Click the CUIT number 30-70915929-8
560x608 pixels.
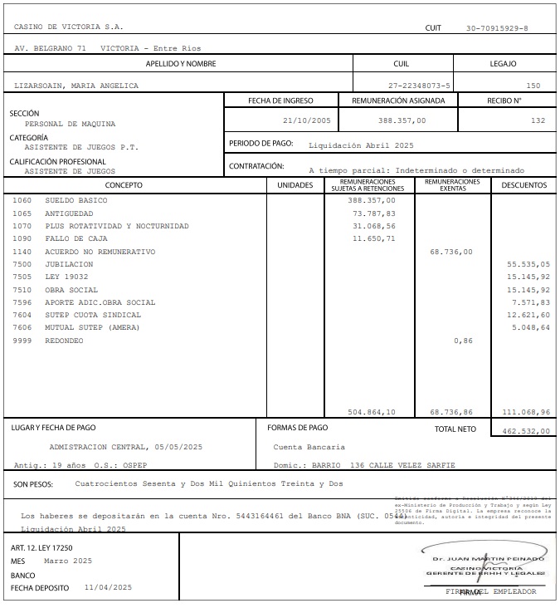coord(497,28)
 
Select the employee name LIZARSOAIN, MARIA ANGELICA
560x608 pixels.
coord(76,86)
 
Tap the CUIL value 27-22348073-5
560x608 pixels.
coord(419,86)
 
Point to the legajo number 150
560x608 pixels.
coord(533,86)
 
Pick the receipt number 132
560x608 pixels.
coord(538,120)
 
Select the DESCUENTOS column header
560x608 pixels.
coord(523,185)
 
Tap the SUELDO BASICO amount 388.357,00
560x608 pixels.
coord(372,200)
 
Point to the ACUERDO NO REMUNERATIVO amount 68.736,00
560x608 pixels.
coord(451,252)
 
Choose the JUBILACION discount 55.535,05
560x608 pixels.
coord(528,264)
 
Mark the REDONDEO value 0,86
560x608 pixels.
coord(463,341)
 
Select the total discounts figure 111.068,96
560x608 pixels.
coord(526,411)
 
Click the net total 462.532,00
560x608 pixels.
coord(526,431)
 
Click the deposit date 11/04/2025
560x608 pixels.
coord(108,587)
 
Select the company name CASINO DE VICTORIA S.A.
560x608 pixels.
coord(69,28)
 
